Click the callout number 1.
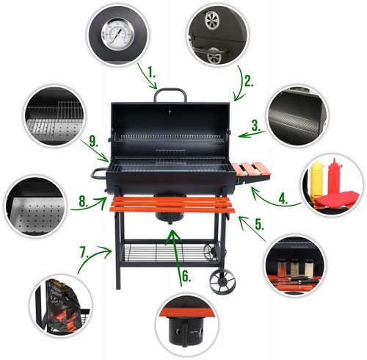coord(151,73)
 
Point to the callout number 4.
coord(282,196)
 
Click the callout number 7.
coord(84,254)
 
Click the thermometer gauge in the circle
coord(118,34)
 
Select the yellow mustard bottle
coord(317,176)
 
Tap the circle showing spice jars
coord(296,266)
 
